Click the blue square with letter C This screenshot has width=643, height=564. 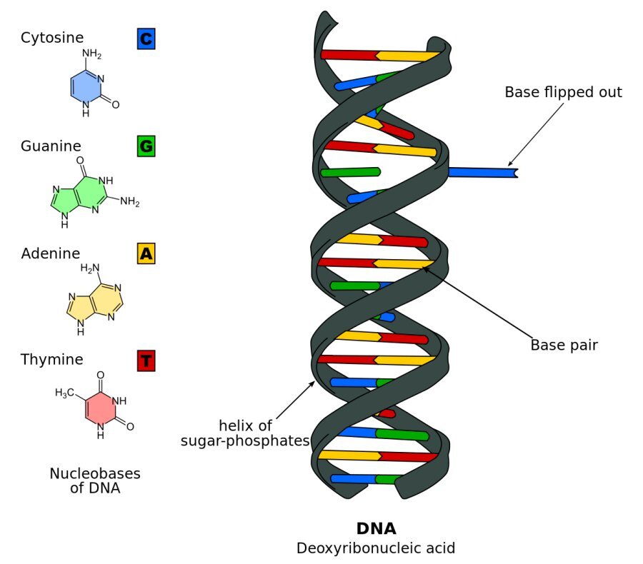coord(146,39)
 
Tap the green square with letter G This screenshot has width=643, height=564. coord(146,147)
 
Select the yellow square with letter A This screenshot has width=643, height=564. coord(146,253)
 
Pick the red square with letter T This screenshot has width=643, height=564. coord(146,361)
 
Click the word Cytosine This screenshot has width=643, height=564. coord(52,38)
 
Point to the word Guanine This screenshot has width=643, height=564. coord(51,146)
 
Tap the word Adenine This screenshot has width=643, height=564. coord(51,253)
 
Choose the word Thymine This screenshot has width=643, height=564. coord(52,360)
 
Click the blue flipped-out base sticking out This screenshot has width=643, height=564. coord(481,172)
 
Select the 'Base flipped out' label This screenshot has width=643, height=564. coord(563,92)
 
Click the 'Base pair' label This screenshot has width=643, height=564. coord(564,346)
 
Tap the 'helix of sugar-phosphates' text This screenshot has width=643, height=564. coord(245,433)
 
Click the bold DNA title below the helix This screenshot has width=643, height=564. coord(376,529)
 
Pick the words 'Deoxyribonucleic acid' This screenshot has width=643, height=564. coord(376,549)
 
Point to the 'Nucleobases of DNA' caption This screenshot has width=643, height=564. coord(95,481)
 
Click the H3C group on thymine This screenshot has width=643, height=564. coord(65,393)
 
